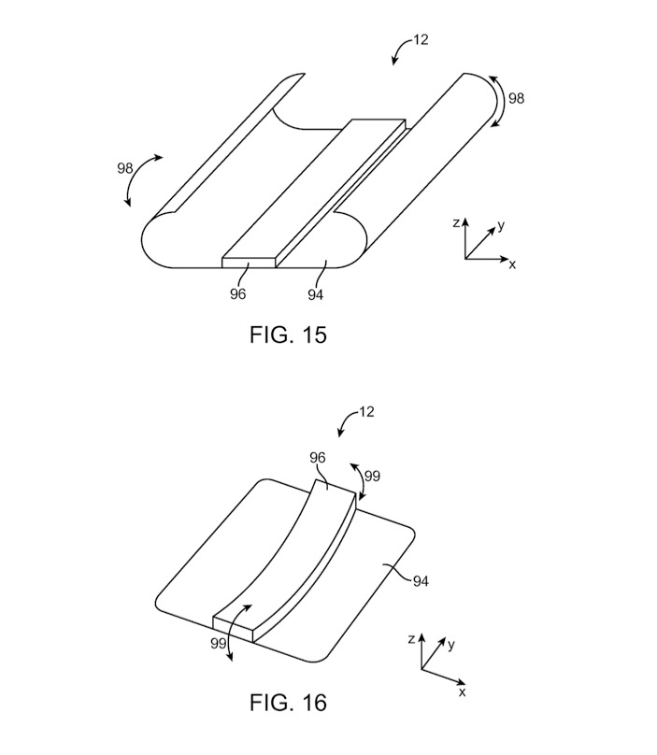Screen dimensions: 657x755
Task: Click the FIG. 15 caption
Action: tap(288, 335)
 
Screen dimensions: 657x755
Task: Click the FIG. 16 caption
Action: tap(288, 703)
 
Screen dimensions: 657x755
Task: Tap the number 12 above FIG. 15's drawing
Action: tap(421, 39)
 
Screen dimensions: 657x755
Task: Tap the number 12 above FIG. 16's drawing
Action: tap(366, 412)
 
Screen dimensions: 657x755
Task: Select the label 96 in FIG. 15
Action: tap(237, 293)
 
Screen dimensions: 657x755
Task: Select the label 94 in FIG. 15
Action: tap(316, 294)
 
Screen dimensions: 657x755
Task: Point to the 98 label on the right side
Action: tap(516, 98)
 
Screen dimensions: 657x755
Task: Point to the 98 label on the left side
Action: tap(124, 168)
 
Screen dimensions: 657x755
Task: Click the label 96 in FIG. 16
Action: tap(318, 458)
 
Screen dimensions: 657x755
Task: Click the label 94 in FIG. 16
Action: tap(421, 581)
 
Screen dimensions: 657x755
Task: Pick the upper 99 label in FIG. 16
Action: tap(372, 477)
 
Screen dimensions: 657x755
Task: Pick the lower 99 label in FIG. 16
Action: tap(218, 643)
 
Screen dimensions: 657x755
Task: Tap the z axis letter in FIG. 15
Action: tap(456, 223)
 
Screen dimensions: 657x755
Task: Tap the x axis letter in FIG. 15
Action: tap(512, 264)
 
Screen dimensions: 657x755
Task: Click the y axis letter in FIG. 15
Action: tap(501, 225)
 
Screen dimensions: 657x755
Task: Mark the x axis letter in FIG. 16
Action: tap(463, 691)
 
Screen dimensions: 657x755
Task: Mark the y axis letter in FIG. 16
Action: tap(450, 645)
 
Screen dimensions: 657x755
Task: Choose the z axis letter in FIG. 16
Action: tap(411, 639)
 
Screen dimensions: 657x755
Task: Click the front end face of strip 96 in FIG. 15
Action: tap(249, 263)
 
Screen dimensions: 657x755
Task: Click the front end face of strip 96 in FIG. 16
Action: tap(233, 629)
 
